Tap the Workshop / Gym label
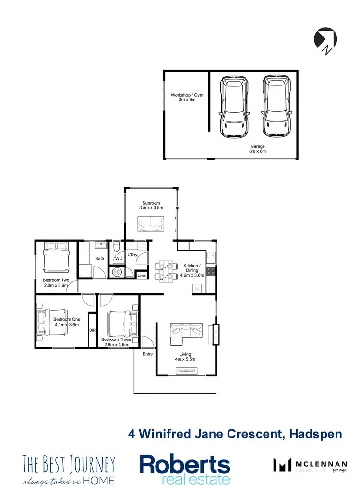[183, 97]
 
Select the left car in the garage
[234, 106]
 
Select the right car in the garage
[277, 106]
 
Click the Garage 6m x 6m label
[257, 149]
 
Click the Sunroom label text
[151, 206]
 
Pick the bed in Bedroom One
[51, 322]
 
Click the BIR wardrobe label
[92, 330]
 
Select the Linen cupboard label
[142, 276]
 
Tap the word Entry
[147, 354]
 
